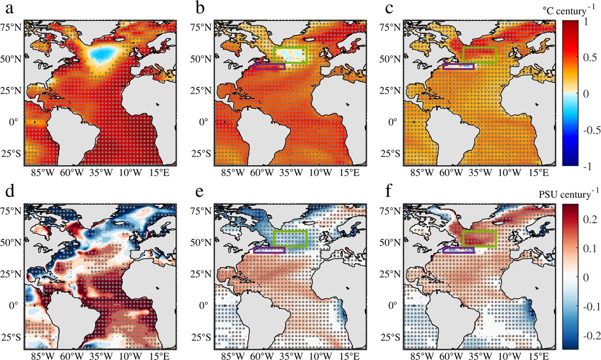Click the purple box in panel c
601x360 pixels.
(x=458, y=67)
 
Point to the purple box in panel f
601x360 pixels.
(x=458, y=250)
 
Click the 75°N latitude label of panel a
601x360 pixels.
(x=12, y=27)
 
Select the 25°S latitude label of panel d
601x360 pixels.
(x=12, y=336)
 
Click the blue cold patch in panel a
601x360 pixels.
(x=104, y=53)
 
